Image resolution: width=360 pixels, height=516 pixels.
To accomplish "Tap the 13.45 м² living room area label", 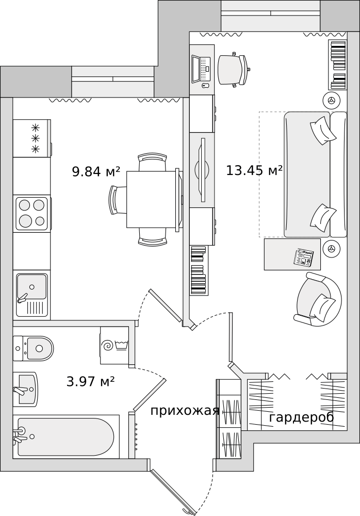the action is pyautogui.click(x=254, y=170).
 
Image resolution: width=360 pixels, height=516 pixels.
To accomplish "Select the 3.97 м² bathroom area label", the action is pyautogui.click(x=90, y=381).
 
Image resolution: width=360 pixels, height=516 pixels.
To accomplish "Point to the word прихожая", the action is pyautogui.click(x=185, y=411).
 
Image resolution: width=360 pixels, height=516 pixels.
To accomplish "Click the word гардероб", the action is pyautogui.click(x=302, y=417).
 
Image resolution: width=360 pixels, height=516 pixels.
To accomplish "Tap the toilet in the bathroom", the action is pyautogui.click(x=33, y=348).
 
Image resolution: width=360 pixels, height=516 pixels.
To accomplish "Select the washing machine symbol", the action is pyautogui.click(x=114, y=346).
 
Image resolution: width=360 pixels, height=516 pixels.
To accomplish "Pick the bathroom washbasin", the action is pyautogui.click(x=25, y=389).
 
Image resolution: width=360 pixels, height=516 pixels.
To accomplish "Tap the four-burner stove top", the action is pyautogui.click(x=32, y=213).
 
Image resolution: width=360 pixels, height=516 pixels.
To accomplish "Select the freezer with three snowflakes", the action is pyautogui.click(x=32, y=138).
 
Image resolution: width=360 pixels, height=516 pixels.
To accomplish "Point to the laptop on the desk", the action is pyautogui.click(x=201, y=70).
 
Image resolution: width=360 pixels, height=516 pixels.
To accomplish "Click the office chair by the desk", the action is pyautogui.click(x=234, y=70).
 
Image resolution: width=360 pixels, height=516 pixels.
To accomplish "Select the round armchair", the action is pyautogui.click(x=318, y=299).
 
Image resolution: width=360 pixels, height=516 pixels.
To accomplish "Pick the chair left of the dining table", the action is pyautogui.click(x=118, y=200).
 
